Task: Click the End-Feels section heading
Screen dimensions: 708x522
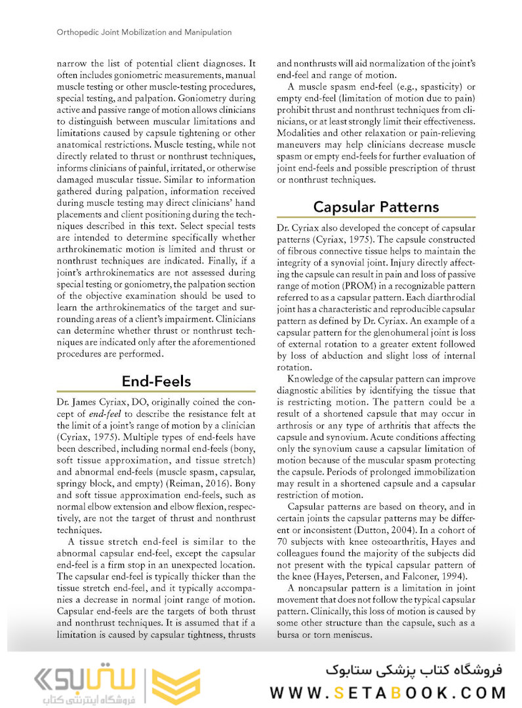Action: point(157,381)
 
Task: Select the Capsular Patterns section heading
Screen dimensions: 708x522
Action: point(376,206)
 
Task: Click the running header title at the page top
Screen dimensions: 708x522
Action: point(134,31)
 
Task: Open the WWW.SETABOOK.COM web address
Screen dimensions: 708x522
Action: point(388,692)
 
